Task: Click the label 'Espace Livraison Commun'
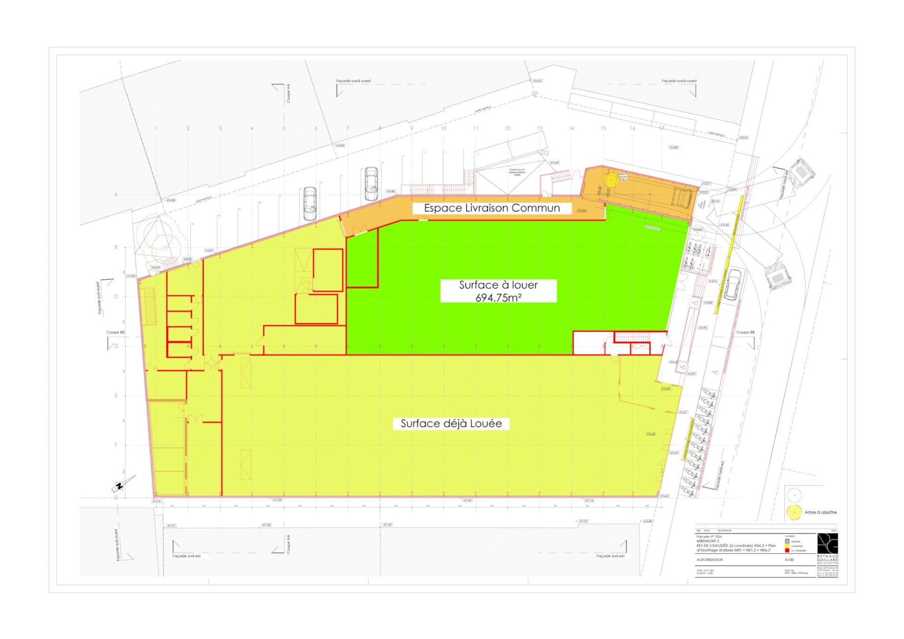(x=492, y=208)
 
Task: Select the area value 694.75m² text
(x=498, y=298)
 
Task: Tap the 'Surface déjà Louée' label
(x=451, y=423)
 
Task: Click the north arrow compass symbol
(x=120, y=486)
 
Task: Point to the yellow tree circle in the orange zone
(x=612, y=179)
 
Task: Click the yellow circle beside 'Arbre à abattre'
(x=794, y=512)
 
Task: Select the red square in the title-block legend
(x=787, y=550)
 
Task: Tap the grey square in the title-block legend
(x=787, y=542)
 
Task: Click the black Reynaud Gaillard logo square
(x=827, y=543)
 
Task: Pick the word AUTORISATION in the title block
(x=710, y=560)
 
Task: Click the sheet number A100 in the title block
(x=789, y=560)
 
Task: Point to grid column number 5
(x=284, y=128)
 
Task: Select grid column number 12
(x=508, y=128)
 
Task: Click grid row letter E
(x=116, y=396)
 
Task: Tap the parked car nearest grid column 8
(x=371, y=184)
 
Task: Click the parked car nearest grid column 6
(x=310, y=203)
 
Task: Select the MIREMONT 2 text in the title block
(x=708, y=541)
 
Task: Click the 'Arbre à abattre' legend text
(x=820, y=512)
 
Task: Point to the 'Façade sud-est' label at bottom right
(x=610, y=556)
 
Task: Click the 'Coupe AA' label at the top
(x=289, y=93)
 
